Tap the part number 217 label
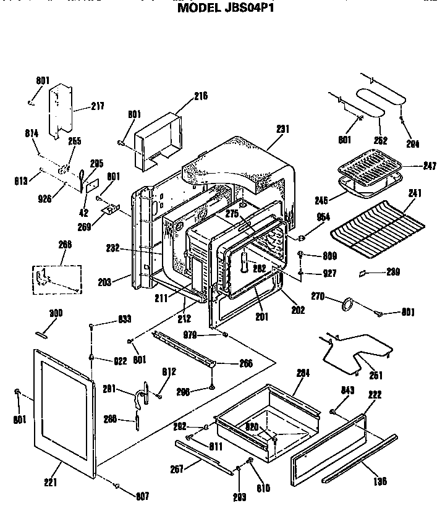98,106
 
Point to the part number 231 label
282,129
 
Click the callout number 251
376,375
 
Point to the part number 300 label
56,313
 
